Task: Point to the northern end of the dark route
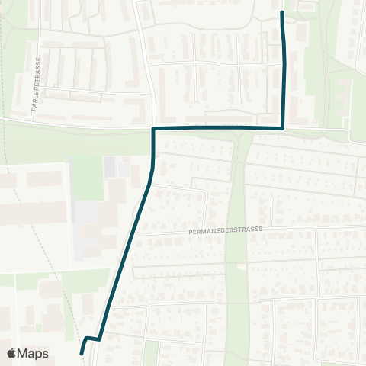[283, 13]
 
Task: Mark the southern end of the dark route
[82, 352]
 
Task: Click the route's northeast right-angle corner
[284, 127]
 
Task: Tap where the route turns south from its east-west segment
[154, 129]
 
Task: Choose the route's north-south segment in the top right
[285, 69]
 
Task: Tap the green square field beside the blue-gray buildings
[88, 178]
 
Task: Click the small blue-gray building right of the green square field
[111, 166]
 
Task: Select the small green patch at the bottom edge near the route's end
[151, 353]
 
